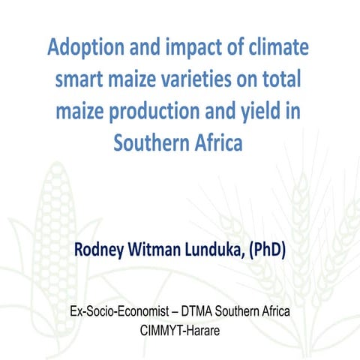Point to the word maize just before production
pyautogui.click(x=82, y=111)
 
